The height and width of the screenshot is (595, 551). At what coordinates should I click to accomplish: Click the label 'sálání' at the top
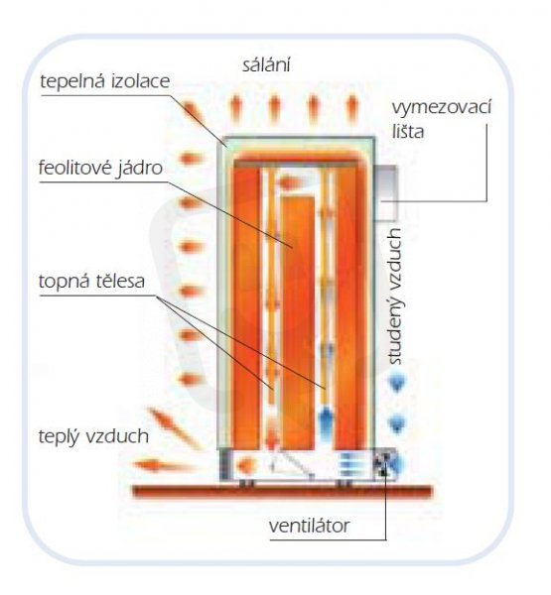[x=266, y=64]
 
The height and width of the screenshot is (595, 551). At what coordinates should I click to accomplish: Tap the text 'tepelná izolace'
[x=105, y=82]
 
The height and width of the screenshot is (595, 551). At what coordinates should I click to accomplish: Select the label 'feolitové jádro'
[x=100, y=169]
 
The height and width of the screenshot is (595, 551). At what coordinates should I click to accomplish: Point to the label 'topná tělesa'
[x=91, y=282]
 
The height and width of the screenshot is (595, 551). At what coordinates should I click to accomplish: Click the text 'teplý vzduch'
[x=93, y=436]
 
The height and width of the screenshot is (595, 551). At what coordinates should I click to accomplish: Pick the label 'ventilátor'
[x=309, y=526]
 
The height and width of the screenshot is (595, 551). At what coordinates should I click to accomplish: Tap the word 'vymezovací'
[x=442, y=107]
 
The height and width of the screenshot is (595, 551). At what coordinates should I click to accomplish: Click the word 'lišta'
[x=408, y=132]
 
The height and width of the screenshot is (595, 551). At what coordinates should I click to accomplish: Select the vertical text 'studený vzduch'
[x=395, y=297]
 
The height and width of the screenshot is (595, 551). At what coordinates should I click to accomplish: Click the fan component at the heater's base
[x=384, y=464]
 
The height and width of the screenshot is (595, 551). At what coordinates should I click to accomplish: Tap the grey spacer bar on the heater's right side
[x=386, y=192]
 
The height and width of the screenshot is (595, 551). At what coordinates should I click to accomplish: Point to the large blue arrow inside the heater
[x=325, y=422]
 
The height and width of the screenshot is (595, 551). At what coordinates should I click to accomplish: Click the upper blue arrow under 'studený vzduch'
[x=397, y=384]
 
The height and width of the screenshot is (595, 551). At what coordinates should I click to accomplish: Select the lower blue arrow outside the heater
[x=397, y=423]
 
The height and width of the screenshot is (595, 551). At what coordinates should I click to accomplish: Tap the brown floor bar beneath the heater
[x=283, y=492]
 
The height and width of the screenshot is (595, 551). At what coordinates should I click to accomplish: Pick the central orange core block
[x=298, y=322]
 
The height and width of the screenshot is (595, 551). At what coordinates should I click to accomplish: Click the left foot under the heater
[x=246, y=483]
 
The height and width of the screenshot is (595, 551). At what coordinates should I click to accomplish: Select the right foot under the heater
[x=345, y=483]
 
